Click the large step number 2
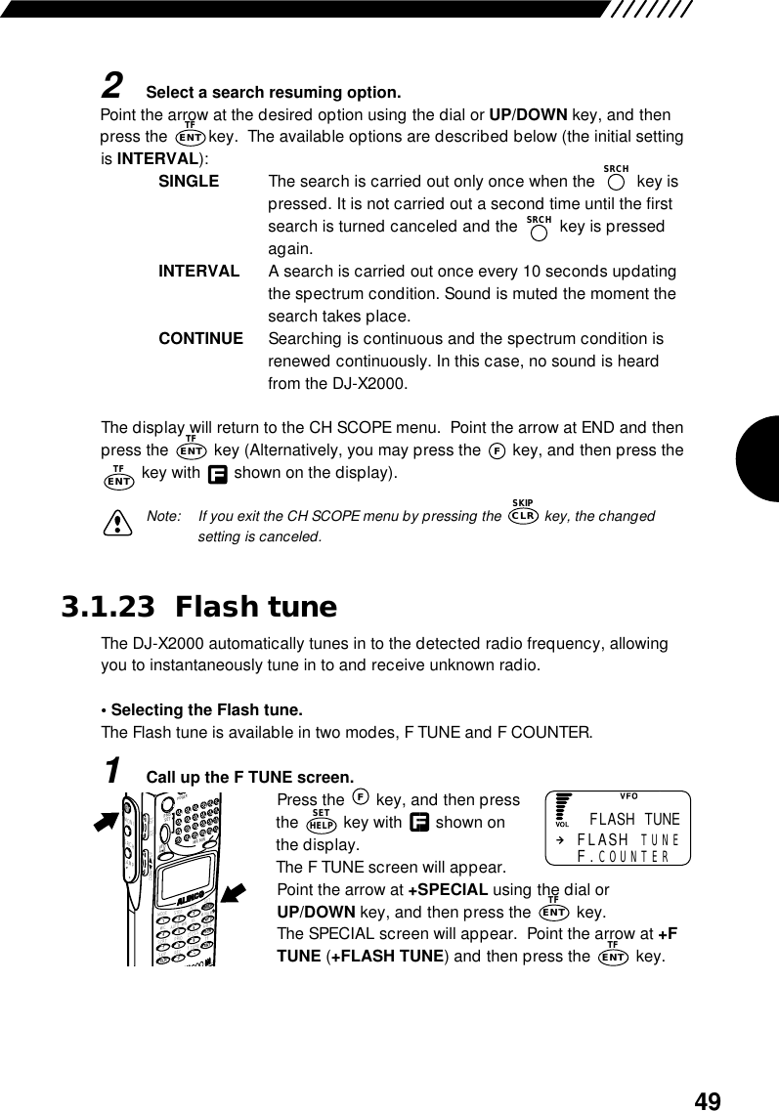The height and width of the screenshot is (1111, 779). click(x=112, y=87)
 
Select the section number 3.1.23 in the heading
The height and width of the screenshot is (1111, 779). click(x=108, y=608)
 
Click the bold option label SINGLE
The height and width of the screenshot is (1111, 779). click(x=189, y=182)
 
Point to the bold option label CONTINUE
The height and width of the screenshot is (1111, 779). click(x=200, y=339)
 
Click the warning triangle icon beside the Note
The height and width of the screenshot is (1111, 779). click(x=121, y=525)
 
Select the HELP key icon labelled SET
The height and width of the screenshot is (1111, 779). click(x=320, y=823)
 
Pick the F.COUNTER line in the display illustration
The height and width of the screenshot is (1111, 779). click(x=623, y=857)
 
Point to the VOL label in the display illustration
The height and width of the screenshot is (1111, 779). click(x=562, y=824)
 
